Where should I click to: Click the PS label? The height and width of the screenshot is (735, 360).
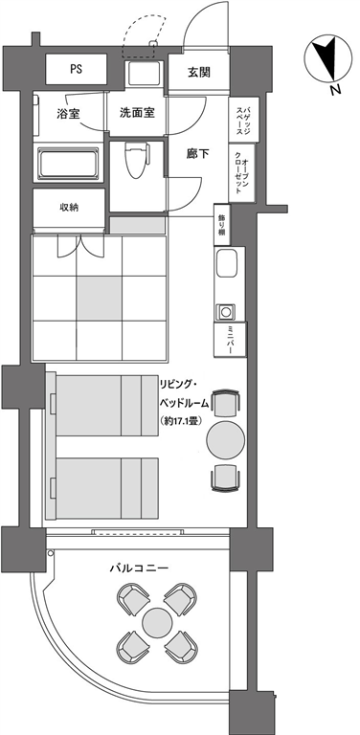[x=76, y=69]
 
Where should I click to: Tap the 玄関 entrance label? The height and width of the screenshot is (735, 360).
[x=199, y=72]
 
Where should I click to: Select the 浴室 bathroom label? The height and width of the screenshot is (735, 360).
[x=68, y=114]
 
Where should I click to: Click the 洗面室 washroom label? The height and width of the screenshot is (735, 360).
[x=137, y=113]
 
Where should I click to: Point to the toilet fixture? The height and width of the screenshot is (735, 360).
[x=137, y=160]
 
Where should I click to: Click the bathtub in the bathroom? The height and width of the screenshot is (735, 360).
[x=68, y=164]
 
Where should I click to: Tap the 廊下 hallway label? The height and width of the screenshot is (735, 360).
[x=197, y=154]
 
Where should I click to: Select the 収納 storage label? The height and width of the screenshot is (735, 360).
[x=68, y=207]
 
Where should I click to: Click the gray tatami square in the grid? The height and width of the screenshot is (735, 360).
[x=99, y=299]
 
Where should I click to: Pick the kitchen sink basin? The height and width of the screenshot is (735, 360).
[x=227, y=263]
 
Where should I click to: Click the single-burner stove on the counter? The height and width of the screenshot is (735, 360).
[x=226, y=312]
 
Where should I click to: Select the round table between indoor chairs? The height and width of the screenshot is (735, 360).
[x=226, y=440]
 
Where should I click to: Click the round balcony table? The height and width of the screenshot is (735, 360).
[x=157, y=622]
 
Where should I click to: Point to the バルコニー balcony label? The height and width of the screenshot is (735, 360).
[x=139, y=568]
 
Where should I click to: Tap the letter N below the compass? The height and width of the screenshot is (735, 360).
[x=335, y=90]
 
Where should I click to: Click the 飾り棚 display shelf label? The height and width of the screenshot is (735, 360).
[x=222, y=225]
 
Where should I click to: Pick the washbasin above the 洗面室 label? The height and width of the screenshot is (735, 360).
[x=144, y=74]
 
